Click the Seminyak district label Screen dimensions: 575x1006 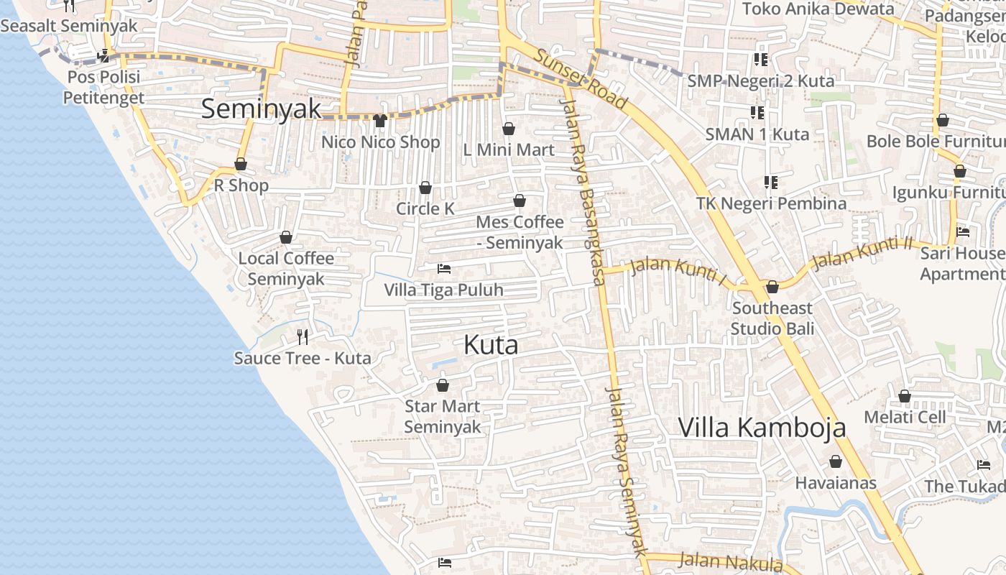(x=261, y=109)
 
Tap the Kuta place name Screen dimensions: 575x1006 (x=491, y=345)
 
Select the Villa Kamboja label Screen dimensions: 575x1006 (x=762, y=428)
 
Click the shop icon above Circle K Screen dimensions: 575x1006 (x=425, y=188)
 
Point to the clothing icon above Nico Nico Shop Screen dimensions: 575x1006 (x=380, y=120)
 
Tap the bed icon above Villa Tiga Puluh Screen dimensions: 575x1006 (x=444, y=269)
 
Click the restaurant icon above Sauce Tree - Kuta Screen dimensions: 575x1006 (x=303, y=336)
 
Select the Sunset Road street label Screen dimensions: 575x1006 (x=581, y=80)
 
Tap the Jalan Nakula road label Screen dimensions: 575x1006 (x=730, y=561)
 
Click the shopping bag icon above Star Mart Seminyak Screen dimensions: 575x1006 (x=443, y=385)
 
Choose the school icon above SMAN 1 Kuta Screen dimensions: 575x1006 (x=757, y=112)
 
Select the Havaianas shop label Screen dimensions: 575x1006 (x=836, y=482)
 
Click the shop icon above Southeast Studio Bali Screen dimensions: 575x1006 (x=772, y=287)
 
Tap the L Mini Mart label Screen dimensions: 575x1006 (x=509, y=149)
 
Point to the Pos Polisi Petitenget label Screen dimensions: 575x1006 (x=104, y=87)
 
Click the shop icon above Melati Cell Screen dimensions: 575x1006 (x=905, y=396)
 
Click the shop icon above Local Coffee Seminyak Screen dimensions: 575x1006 (x=286, y=237)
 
